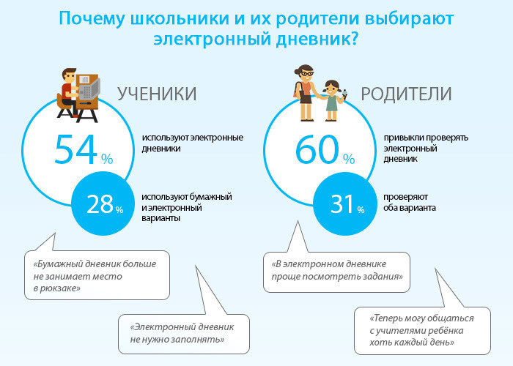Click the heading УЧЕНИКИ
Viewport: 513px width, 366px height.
pos(158,94)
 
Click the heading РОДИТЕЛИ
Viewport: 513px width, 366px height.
pos(406,94)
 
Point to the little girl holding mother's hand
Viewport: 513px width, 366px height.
pos(332,98)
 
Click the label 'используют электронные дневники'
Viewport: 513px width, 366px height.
pos(193,143)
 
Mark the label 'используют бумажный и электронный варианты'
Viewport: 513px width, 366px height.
pos(187,208)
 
